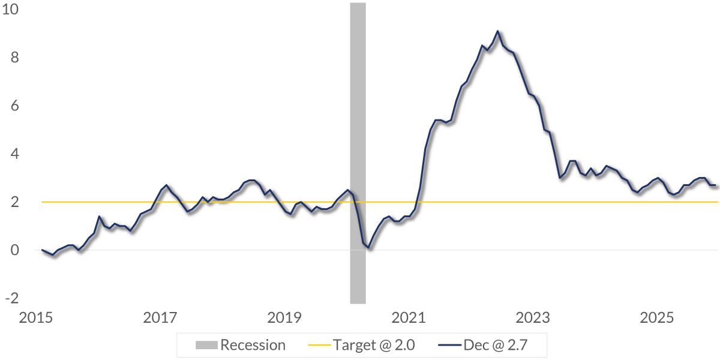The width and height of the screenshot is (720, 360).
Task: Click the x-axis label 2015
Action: coord(36,317)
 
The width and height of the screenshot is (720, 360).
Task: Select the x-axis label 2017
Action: coord(160,317)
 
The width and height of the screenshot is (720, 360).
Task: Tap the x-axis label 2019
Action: coord(284,317)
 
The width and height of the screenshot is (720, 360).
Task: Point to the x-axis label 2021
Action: coord(409,317)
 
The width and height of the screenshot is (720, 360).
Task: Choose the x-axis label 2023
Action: coord(533,317)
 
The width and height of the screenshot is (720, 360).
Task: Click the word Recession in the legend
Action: coord(253,345)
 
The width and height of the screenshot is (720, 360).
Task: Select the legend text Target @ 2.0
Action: coord(374,345)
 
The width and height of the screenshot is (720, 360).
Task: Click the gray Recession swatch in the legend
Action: coord(206,345)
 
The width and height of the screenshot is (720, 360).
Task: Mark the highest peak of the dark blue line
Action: coord(497,31)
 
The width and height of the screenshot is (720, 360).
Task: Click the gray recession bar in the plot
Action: coord(358,150)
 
